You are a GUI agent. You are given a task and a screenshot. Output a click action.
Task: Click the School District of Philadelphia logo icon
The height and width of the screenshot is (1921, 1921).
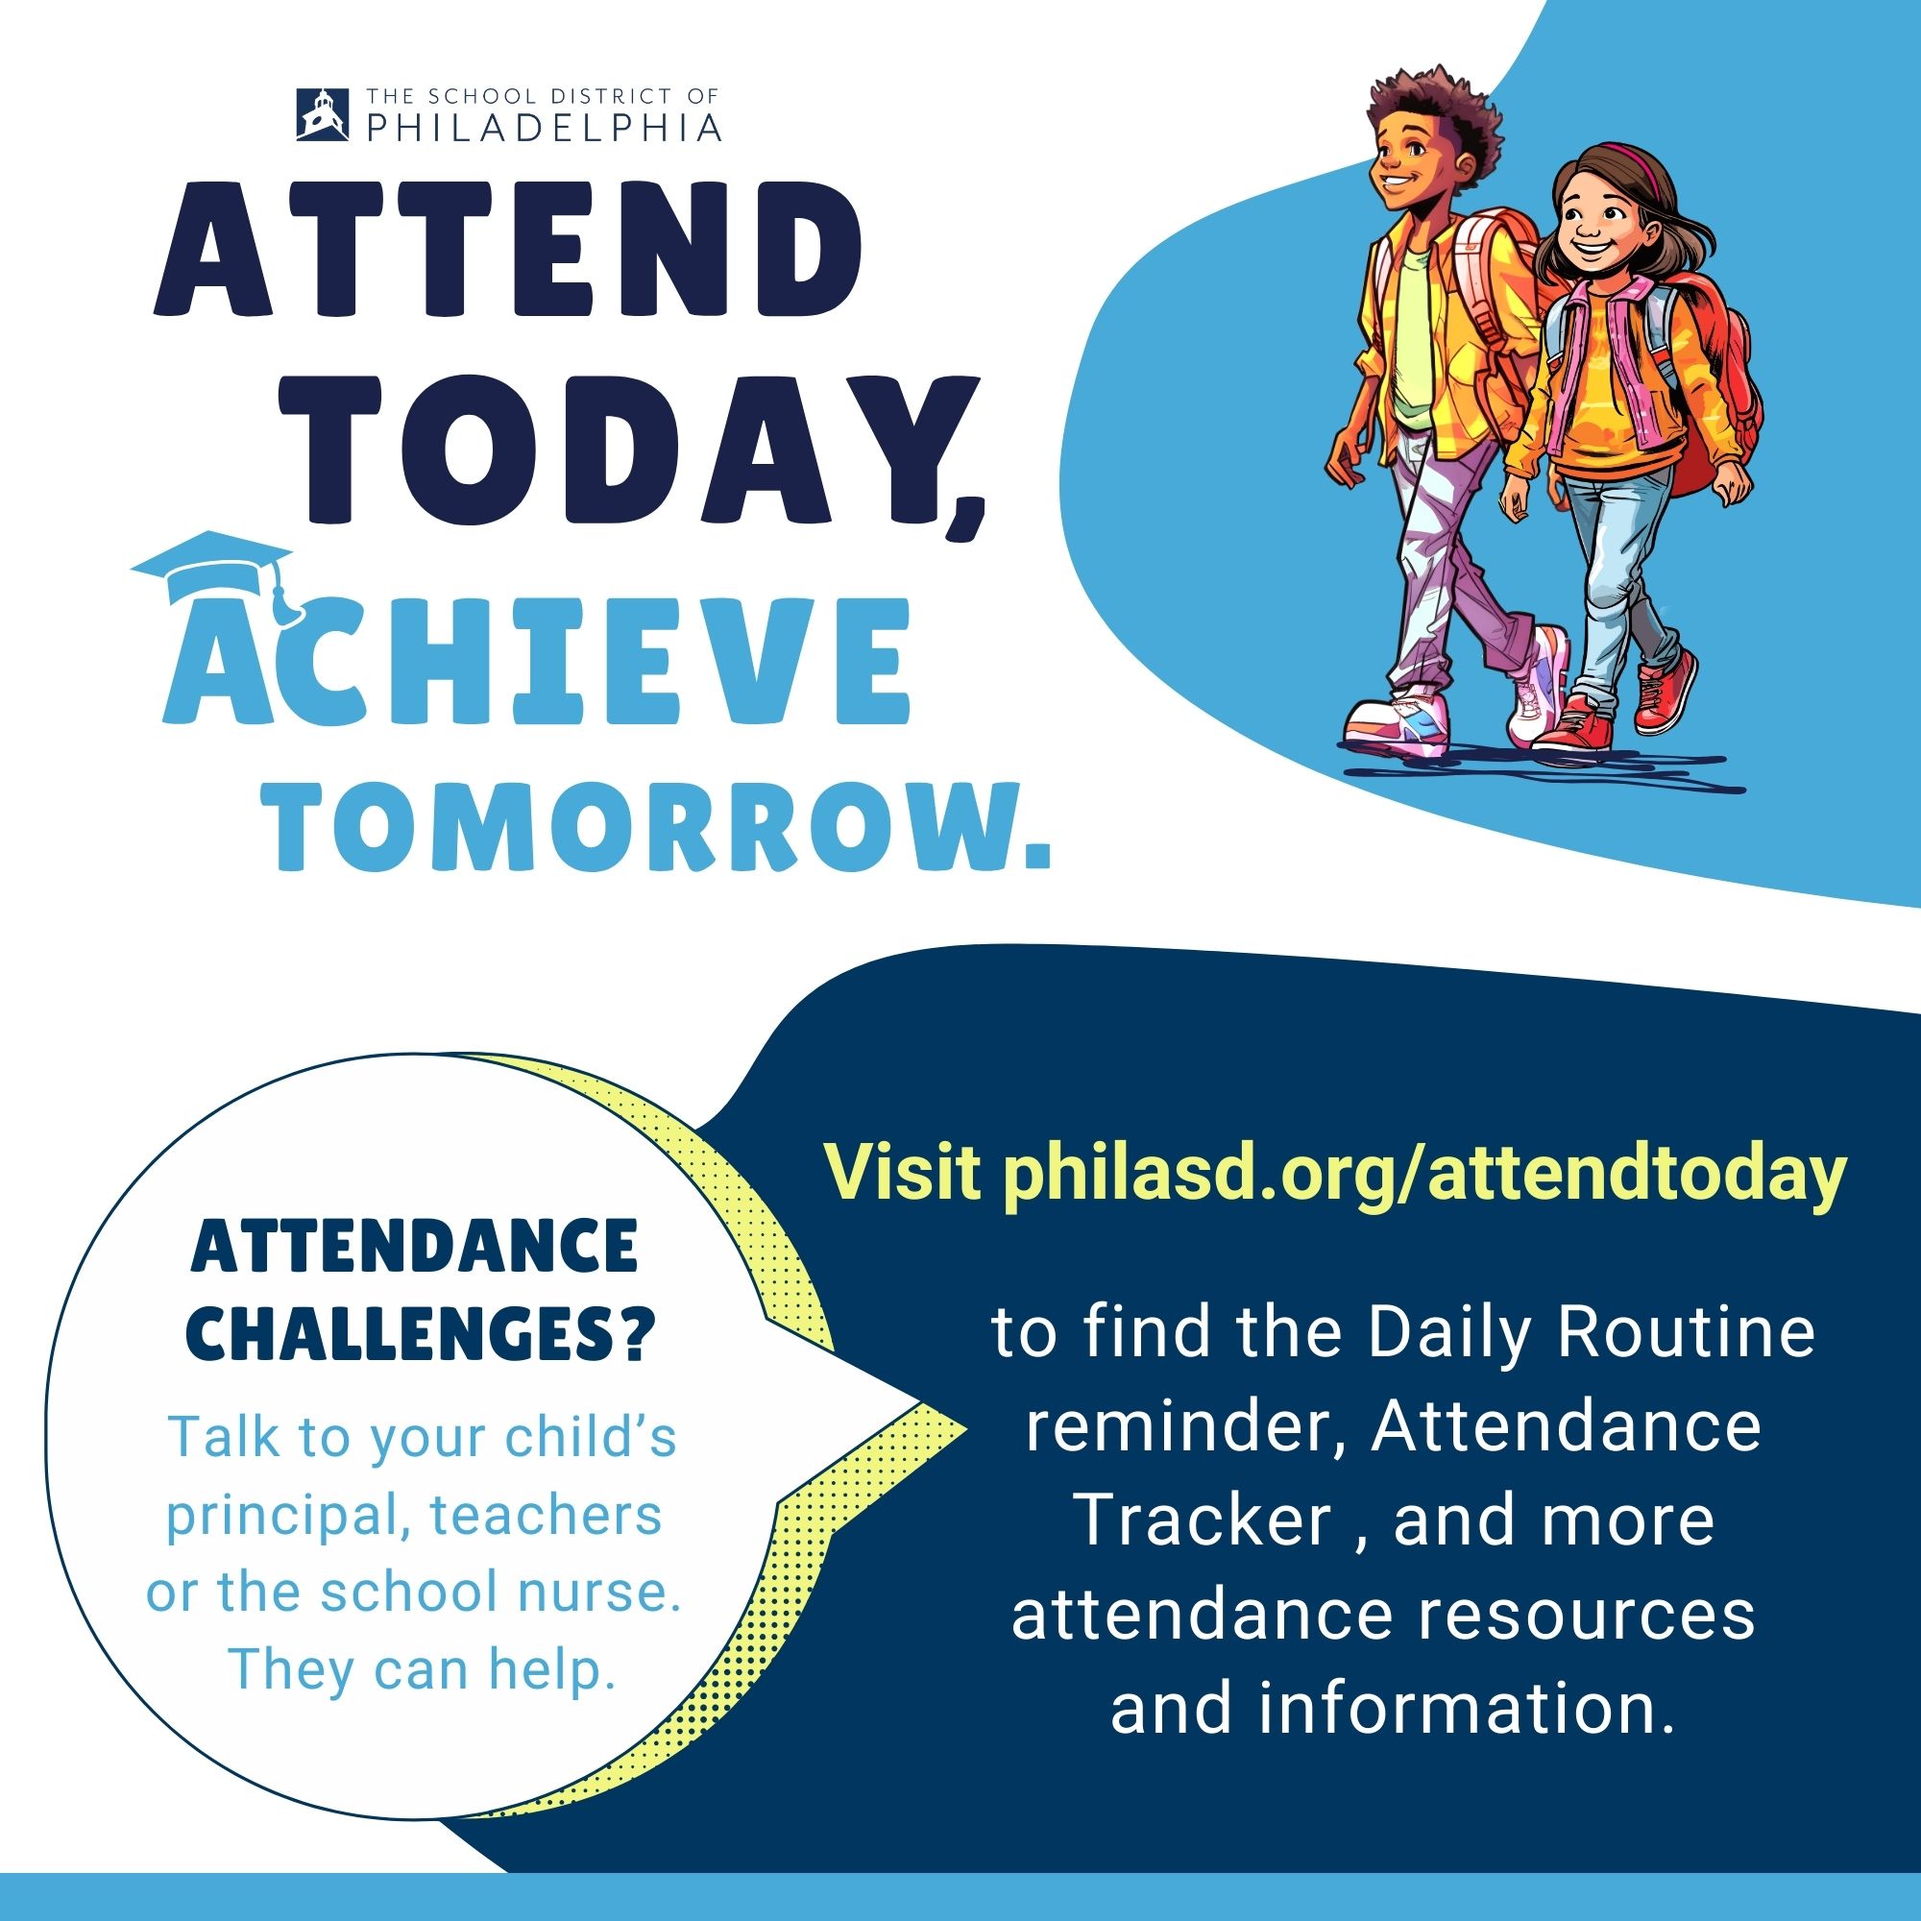pyautogui.click(x=323, y=114)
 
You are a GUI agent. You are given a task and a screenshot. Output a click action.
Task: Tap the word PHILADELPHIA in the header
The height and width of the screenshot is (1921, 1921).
pyautogui.click(x=545, y=126)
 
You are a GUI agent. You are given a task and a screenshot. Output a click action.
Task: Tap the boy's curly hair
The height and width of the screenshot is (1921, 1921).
pyautogui.click(x=1433, y=110)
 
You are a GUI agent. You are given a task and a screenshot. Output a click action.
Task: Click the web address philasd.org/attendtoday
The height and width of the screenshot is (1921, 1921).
pyautogui.click(x=1423, y=1176)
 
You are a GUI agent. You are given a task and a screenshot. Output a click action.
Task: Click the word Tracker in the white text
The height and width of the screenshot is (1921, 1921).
pyautogui.click(x=1204, y=1520)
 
